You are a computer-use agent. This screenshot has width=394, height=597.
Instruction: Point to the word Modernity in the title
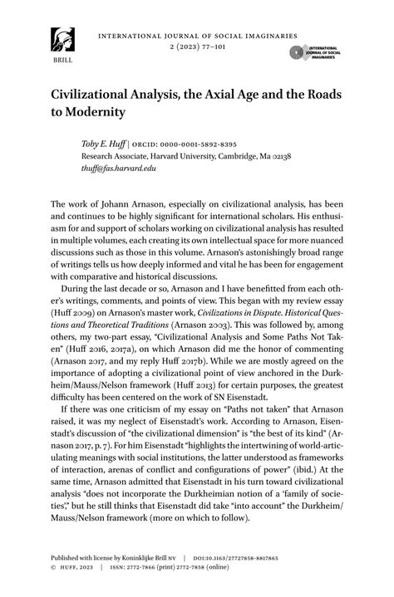[95, 111]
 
